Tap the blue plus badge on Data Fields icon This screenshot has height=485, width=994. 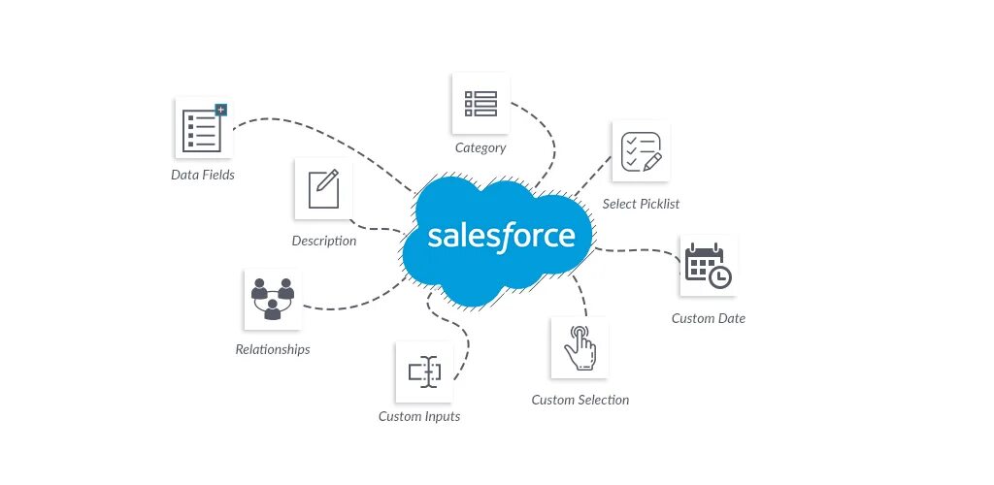220,110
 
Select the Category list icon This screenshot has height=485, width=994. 480,103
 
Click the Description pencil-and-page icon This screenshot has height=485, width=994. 323,188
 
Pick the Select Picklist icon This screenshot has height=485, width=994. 641,151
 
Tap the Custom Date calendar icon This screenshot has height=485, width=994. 708,266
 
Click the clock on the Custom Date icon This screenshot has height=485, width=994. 719,277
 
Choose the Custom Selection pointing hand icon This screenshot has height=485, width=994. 580,346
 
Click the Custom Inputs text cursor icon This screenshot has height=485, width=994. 424,372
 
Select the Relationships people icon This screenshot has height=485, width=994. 272,299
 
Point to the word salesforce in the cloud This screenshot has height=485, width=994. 501,236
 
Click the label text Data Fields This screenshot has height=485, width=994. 203,176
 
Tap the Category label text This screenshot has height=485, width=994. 480,148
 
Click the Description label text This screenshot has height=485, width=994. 324,241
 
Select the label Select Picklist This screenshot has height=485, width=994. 641,204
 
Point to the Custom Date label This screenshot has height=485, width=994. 709,318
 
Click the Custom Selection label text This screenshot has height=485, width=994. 580,400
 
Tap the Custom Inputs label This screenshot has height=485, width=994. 419,417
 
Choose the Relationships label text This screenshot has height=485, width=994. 273,349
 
